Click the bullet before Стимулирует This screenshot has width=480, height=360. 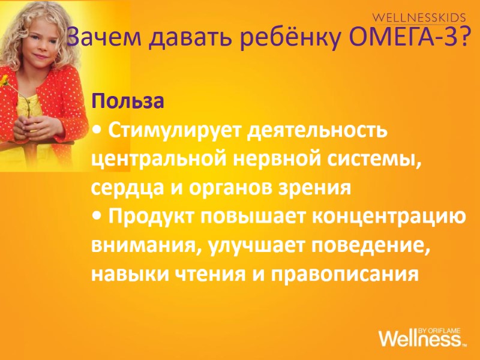(x=96, y=131)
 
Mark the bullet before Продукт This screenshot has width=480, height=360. (x=96, y=217)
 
